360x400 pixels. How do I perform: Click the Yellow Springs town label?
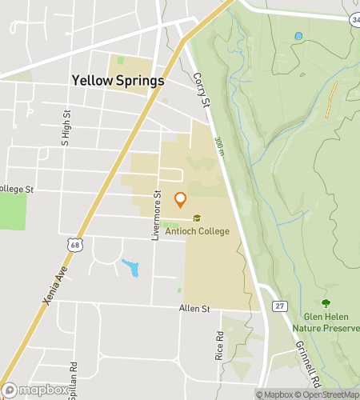[118, 81]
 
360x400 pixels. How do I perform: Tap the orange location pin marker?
[180, 200]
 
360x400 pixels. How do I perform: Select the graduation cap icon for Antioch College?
[197, 218]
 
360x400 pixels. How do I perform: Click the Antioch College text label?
[197, 231]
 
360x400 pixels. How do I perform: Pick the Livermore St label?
[158, 215]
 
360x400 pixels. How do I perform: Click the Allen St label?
[194, 308]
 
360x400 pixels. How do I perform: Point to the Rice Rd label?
[219, 346]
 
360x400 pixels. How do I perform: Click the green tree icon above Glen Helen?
[325, 303]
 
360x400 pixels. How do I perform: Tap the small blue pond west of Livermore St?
[130, 267]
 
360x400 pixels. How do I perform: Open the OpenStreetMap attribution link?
[329, 394]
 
